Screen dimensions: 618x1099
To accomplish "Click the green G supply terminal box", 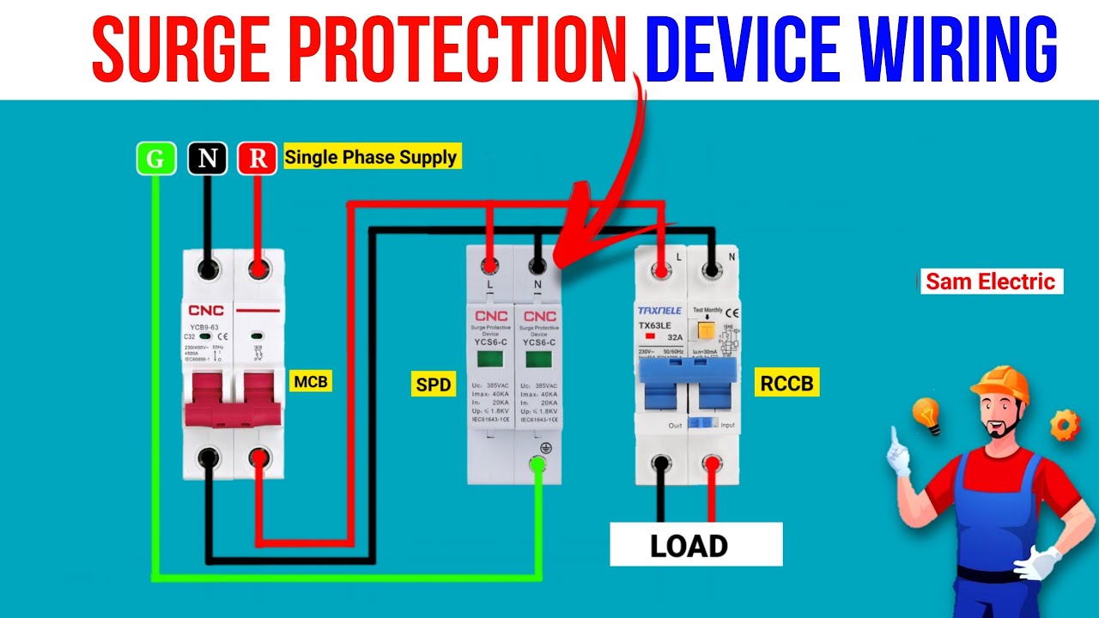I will coord(155,159).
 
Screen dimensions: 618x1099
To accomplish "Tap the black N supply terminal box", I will coord(207,159).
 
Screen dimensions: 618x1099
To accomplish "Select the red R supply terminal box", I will coord(258,159).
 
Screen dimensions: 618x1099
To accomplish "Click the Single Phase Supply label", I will coord(371,157).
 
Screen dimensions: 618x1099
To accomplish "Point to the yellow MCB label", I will coord(310,381).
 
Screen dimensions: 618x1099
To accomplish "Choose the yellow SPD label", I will coord(434,385).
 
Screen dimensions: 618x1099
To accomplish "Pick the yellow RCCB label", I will coord(786,383).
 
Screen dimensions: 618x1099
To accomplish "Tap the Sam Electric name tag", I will coord(991,282).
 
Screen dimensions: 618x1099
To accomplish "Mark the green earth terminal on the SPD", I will coord(537,465).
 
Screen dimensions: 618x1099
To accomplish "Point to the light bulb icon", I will coord(926,415).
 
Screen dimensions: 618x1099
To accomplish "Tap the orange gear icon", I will coord(1065,424).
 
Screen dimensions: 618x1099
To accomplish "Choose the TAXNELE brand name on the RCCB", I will coord(659,310).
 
